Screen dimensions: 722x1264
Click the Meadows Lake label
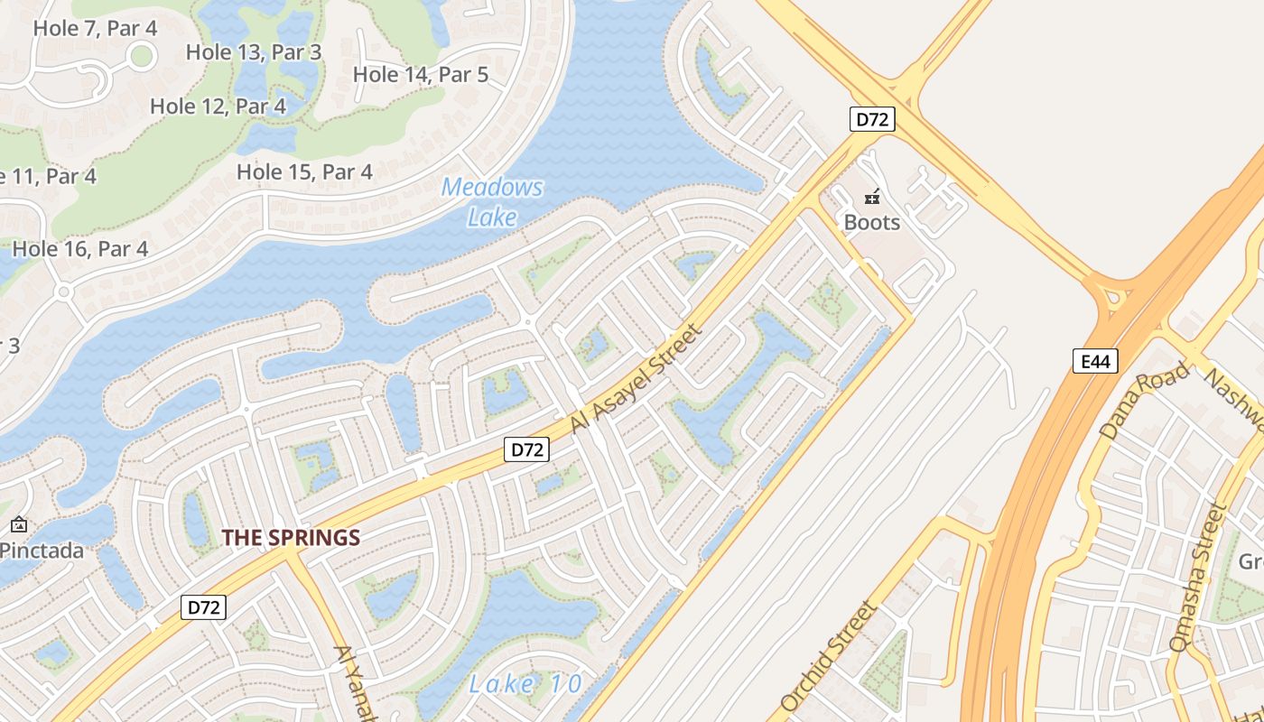point(493,202)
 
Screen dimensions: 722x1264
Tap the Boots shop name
point(871,222)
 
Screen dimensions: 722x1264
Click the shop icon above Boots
point(872,196)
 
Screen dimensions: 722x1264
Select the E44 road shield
point(1095,362)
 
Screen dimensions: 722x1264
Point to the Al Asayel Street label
point(636,379)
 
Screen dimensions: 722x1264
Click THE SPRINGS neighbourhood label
point(291,538)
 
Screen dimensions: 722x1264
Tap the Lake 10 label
point(525,683)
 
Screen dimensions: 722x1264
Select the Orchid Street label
point(828,655)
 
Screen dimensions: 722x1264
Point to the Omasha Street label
point(1198,579)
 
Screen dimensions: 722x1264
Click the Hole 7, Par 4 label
point(95,28)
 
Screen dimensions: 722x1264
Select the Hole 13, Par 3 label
point(254,52)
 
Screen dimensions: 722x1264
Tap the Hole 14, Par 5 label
point(421,75)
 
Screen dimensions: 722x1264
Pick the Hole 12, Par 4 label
point(218,106)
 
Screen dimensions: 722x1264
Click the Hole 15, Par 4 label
point(304,171)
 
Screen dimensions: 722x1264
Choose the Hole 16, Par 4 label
point(80,248)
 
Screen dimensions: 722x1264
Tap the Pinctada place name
point(42,551)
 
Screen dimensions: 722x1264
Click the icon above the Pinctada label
point(18,524)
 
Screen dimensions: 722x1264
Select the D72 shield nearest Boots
point(871,119)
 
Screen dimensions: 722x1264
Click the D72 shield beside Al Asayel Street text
point(526,449)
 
